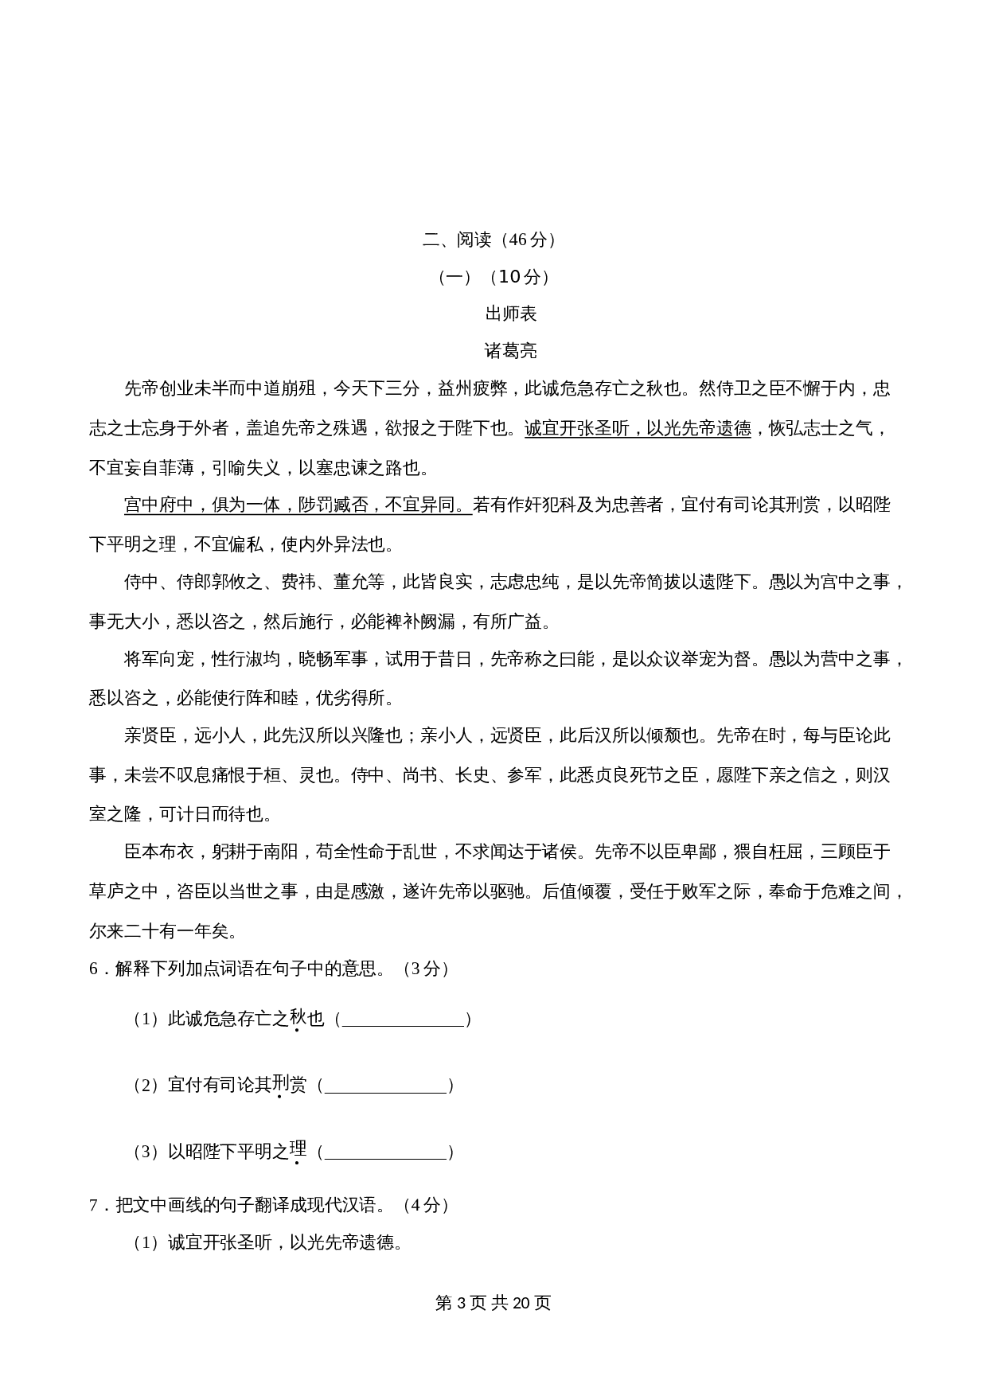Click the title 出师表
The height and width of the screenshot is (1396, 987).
tap(511, 314)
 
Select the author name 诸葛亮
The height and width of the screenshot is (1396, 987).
tap(511, 351)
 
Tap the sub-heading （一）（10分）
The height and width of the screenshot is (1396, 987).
tap(494, 277)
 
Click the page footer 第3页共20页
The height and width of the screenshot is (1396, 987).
tap(494, 1303)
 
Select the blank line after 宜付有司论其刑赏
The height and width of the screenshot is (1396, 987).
tap(385, 1086)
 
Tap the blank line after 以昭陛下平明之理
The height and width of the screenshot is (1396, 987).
tap(385, 1152)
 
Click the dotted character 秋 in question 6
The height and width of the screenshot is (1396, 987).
tap(298, 1018)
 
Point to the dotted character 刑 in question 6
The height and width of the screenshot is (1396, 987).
tap(280, 1084)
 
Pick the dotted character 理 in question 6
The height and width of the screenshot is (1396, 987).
tap(298, 1150)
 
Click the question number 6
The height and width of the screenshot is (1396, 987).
tap(94, 969)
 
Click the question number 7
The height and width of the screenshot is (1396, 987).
tap(94, 1205)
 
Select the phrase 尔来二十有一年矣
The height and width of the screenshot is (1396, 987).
tap(159, 930)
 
